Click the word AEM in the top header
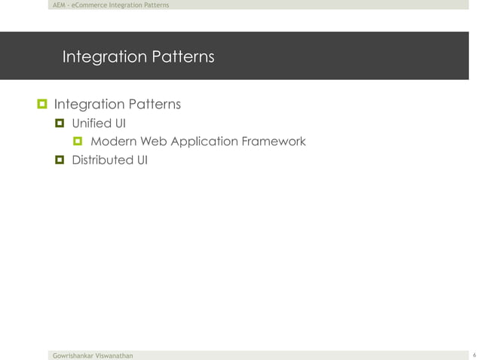[x=55, y=5]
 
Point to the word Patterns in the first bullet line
[x=153, y=103]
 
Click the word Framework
[x=274, y=141]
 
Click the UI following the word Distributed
[x=142, y=160]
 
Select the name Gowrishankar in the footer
[x=72, y=354]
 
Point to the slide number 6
[x=473, y=354]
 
